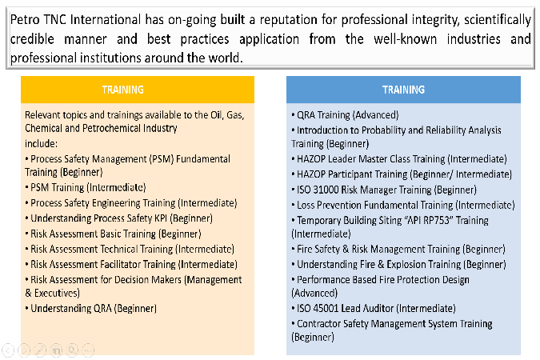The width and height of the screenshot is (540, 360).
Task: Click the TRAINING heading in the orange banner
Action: [x=123, y=90]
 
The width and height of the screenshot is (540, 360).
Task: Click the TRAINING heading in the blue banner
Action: [x=404, y=90]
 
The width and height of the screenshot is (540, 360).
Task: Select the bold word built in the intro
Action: [x=233, y=20]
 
